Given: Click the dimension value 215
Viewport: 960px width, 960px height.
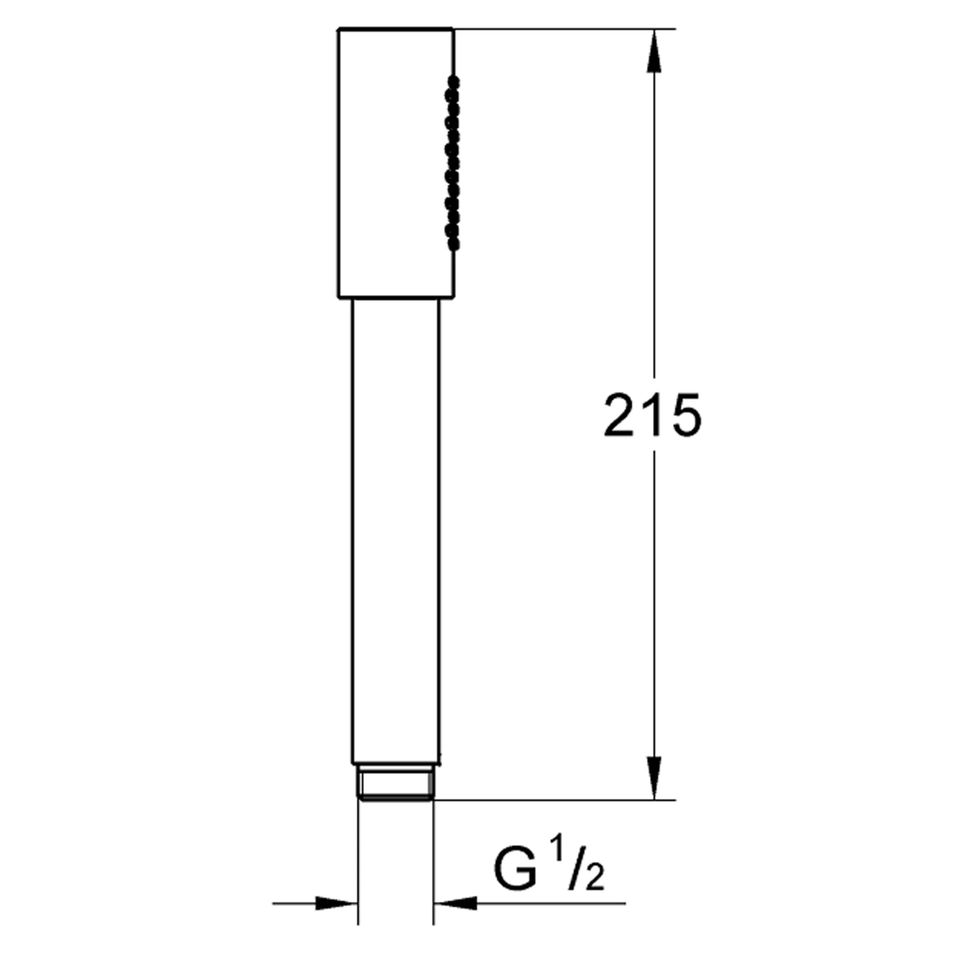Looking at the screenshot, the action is click(652, 415).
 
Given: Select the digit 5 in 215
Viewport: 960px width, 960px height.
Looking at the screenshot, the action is click(685, 415).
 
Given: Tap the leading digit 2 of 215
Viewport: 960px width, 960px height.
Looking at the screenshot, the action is click(619, 415).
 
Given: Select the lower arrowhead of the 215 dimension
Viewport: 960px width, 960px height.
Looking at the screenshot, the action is click(653, 778).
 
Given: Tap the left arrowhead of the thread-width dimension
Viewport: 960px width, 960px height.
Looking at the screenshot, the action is click(336, 904).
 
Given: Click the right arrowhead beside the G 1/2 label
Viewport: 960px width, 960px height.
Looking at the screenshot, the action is click(455, 904).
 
